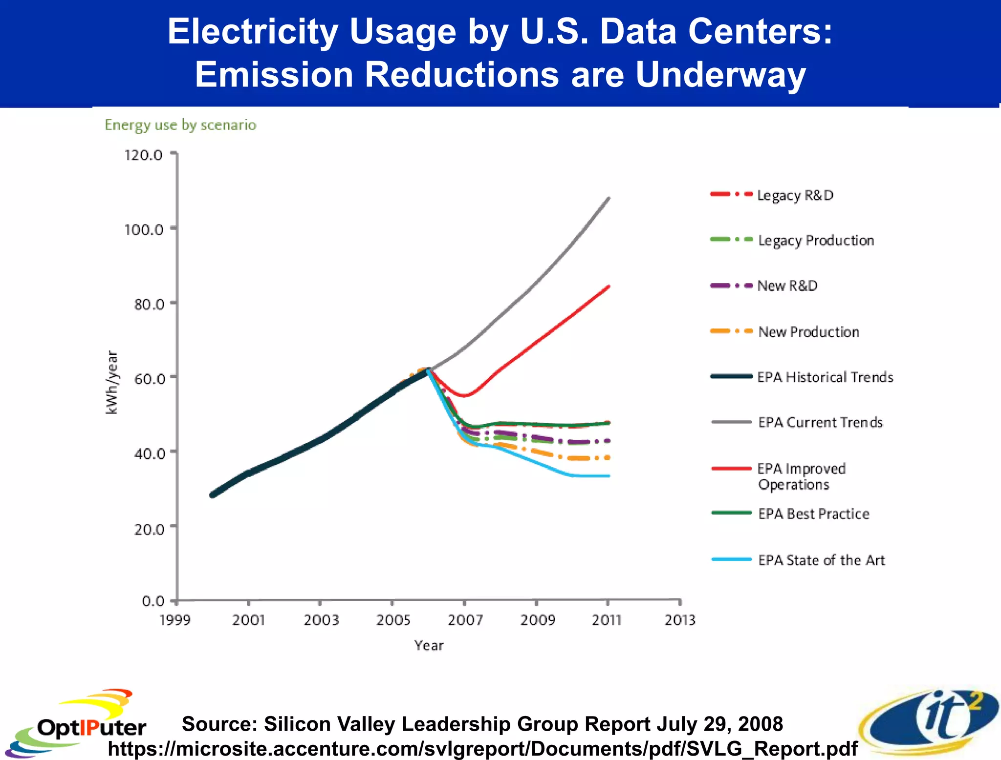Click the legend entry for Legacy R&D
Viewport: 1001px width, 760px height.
(795, 195)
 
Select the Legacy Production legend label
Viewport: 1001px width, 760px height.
(816, 240)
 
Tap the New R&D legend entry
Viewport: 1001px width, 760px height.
(787, 286)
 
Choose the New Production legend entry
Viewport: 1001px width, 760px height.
(808, 332)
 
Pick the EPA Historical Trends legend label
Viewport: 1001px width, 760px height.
(825, 377)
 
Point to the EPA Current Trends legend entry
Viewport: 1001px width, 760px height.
(820, 422)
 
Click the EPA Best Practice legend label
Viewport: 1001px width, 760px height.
(813, 514)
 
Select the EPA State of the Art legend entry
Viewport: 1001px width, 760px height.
(821, 560)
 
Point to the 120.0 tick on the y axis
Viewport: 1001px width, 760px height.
(143, 155)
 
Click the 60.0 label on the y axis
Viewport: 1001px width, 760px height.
(149, 379)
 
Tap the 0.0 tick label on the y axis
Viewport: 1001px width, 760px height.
(153, 601)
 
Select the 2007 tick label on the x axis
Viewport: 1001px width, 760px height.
(465, 620)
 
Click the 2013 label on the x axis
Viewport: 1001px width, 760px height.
(680, 620)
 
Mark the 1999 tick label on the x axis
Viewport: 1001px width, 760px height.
(175, 620)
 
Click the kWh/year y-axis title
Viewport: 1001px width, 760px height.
(112, 382)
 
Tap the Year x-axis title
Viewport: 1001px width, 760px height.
(429, 646)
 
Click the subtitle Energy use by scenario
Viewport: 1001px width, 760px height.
(180, 125)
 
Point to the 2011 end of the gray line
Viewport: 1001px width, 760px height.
(609, 198)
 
